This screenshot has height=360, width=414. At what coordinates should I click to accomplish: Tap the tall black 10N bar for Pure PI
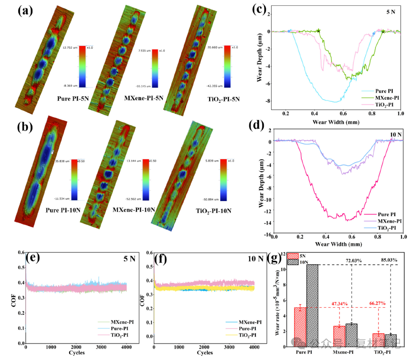coord(313,305)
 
